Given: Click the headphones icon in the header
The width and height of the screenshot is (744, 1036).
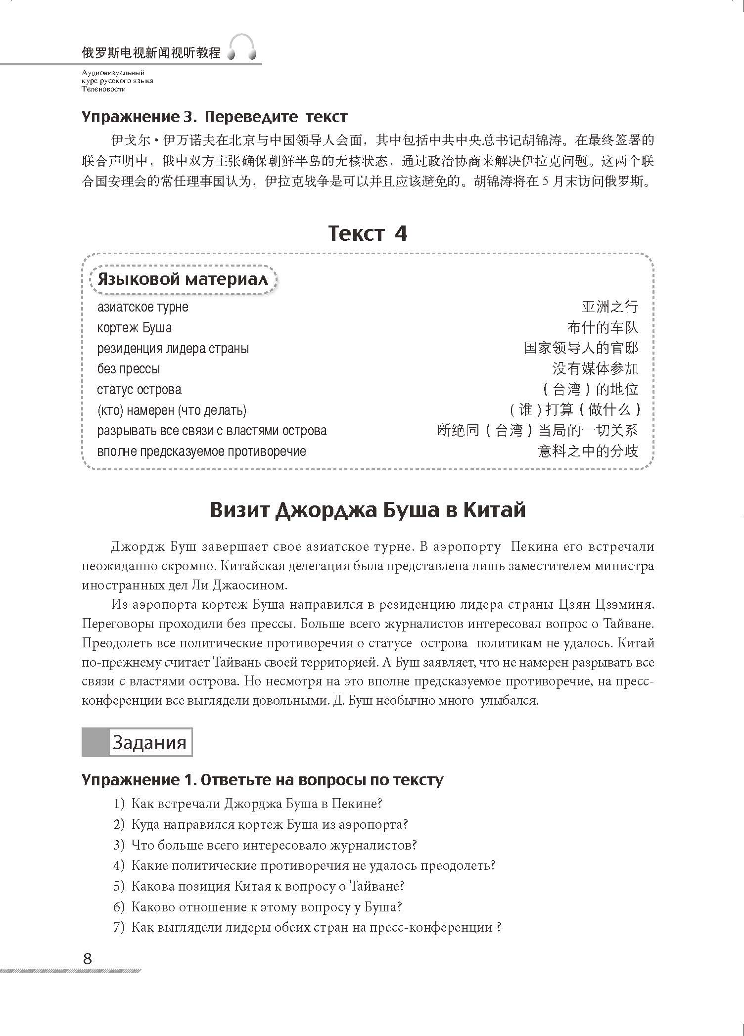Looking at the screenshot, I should click(242, 47).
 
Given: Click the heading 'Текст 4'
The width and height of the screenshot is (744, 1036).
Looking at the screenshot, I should click(368, 233).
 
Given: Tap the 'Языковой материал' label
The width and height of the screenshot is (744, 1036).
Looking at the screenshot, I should click(183, 279).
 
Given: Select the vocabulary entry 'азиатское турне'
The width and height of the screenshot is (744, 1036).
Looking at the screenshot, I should click(142, 307).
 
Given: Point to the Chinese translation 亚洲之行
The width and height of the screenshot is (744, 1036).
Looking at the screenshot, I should click(610, 307).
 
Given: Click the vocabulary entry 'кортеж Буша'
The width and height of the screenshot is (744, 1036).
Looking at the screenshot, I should click(135, 328).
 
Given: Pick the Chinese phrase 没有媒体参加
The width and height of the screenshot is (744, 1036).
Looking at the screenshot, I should click(595, 368).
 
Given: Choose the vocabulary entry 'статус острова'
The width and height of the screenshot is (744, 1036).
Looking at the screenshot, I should click(139, 390).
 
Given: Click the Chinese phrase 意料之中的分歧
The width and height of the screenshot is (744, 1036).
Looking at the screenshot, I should click(588, 451).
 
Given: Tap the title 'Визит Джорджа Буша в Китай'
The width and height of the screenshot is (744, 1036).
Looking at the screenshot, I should click(368, 510).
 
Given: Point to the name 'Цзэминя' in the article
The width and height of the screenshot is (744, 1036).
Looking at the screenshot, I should click(627, 605).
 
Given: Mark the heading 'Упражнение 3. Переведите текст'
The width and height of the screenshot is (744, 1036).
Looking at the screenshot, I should click(214, 117).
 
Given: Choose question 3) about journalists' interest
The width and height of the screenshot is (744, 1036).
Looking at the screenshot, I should click(265, 845).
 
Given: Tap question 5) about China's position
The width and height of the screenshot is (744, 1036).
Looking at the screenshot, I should click(259, 886).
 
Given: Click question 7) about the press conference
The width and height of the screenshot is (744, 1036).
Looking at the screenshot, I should click(307, 927).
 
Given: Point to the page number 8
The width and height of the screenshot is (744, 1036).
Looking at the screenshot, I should click(88, 959).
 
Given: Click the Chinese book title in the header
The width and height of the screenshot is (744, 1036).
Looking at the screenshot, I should click(151, 52).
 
